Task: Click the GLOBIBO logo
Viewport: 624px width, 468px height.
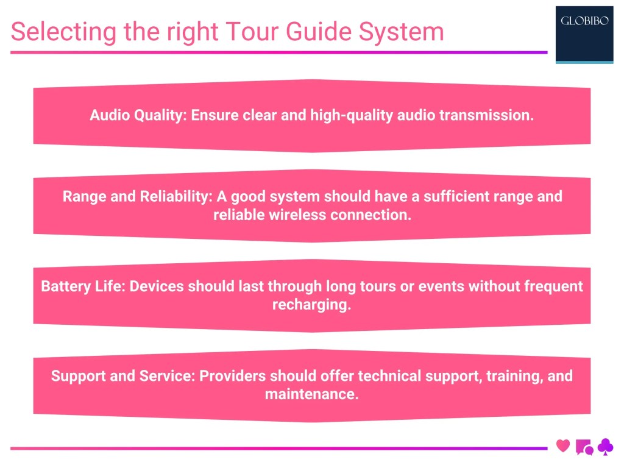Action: pos(584,34)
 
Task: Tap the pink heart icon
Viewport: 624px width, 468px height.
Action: pos(563,446)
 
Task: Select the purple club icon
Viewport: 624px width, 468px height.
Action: pos(605,447)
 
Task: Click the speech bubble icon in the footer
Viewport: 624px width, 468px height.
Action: pos(584,447)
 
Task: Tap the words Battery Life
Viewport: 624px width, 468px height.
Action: pos(80,286)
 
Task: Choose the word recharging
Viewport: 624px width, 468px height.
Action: pos(311,305)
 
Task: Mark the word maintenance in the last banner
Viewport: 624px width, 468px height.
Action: pos(311,394)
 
